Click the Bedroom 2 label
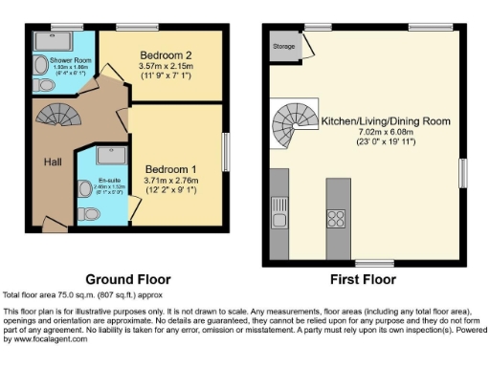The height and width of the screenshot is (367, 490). (166, 55)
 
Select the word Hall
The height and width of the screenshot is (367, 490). (53, 162)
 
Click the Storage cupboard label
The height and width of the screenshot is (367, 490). (282, 45)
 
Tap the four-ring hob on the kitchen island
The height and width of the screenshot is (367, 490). (337, 218)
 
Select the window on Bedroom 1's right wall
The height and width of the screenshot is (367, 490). (226, 152)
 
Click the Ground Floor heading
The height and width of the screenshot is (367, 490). (127, 280)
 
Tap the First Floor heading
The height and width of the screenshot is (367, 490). (364, 280)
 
